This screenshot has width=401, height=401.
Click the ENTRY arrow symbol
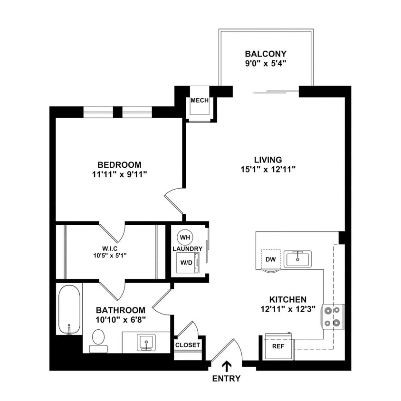(227, 366)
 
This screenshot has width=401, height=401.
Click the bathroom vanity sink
(146, 342)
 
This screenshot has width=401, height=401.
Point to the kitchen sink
(298, 259)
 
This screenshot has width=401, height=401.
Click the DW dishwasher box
(271, 259)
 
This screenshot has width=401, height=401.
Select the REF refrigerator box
(278, 346)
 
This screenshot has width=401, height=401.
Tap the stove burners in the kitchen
(333, 316)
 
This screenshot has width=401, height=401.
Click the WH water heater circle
(185, 237)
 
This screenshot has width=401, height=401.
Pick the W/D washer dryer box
(186, 262)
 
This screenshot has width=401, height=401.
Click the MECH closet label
(200, 101)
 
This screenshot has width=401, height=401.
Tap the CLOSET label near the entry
(188, 345)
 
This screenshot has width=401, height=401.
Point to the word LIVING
(268, 160)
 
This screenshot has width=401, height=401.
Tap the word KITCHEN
(288, 299)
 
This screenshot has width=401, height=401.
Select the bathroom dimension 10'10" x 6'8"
(120, 319)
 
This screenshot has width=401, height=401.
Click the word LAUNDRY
(188, 249)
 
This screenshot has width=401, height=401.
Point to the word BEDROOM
(120, 164)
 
